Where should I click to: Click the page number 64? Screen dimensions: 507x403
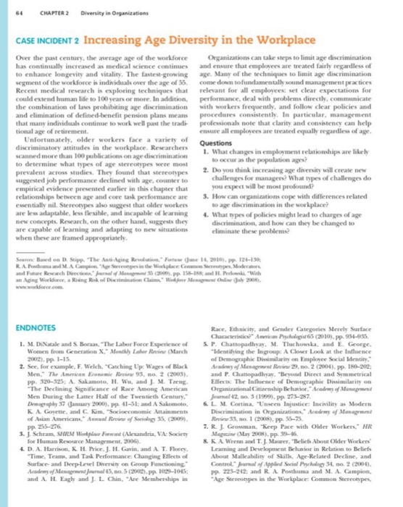17,10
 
